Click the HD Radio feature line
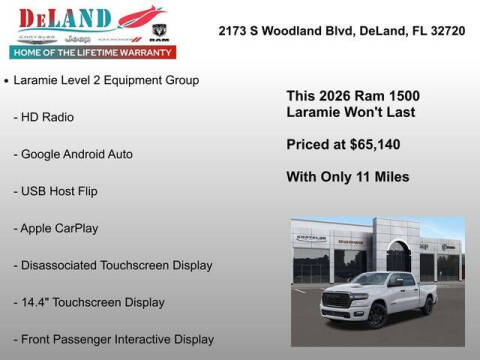point(44,117)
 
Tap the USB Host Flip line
point(56,190)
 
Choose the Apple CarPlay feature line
point(56,228)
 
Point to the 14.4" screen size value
point(36,302)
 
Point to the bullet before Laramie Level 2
point(8,80)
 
